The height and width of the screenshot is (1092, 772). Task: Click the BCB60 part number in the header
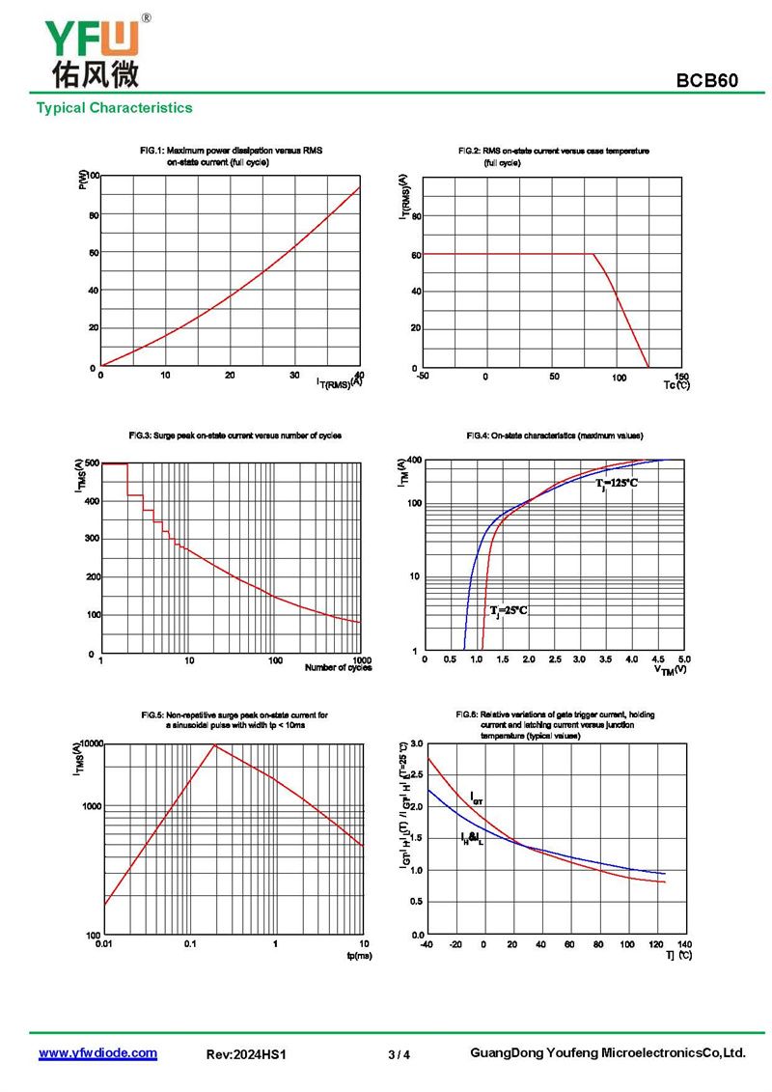(707, 81)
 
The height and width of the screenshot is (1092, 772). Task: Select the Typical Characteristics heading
(114, 108)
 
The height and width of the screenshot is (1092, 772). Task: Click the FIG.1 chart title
(231, 156)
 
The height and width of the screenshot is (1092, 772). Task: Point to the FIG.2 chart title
(553, 156)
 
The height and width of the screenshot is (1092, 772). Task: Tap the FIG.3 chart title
(234, 435)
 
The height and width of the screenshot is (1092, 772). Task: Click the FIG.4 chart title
(554, 435)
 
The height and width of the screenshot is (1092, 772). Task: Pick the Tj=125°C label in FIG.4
(617, 482)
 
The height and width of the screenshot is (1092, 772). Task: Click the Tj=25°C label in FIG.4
(509, 610)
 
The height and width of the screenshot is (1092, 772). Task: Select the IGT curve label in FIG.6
(477, 798)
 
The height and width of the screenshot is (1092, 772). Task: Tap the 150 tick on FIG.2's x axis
(682, 377)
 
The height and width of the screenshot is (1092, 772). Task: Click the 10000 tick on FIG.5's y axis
(87, 743)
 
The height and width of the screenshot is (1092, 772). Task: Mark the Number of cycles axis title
(338, 668)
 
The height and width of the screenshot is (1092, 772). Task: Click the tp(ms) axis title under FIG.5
(359, 955)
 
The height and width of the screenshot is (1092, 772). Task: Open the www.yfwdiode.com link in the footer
(97, 1053)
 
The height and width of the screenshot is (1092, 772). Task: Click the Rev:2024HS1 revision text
(247, 1055)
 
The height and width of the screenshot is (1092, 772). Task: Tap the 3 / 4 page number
(399, 1055)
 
